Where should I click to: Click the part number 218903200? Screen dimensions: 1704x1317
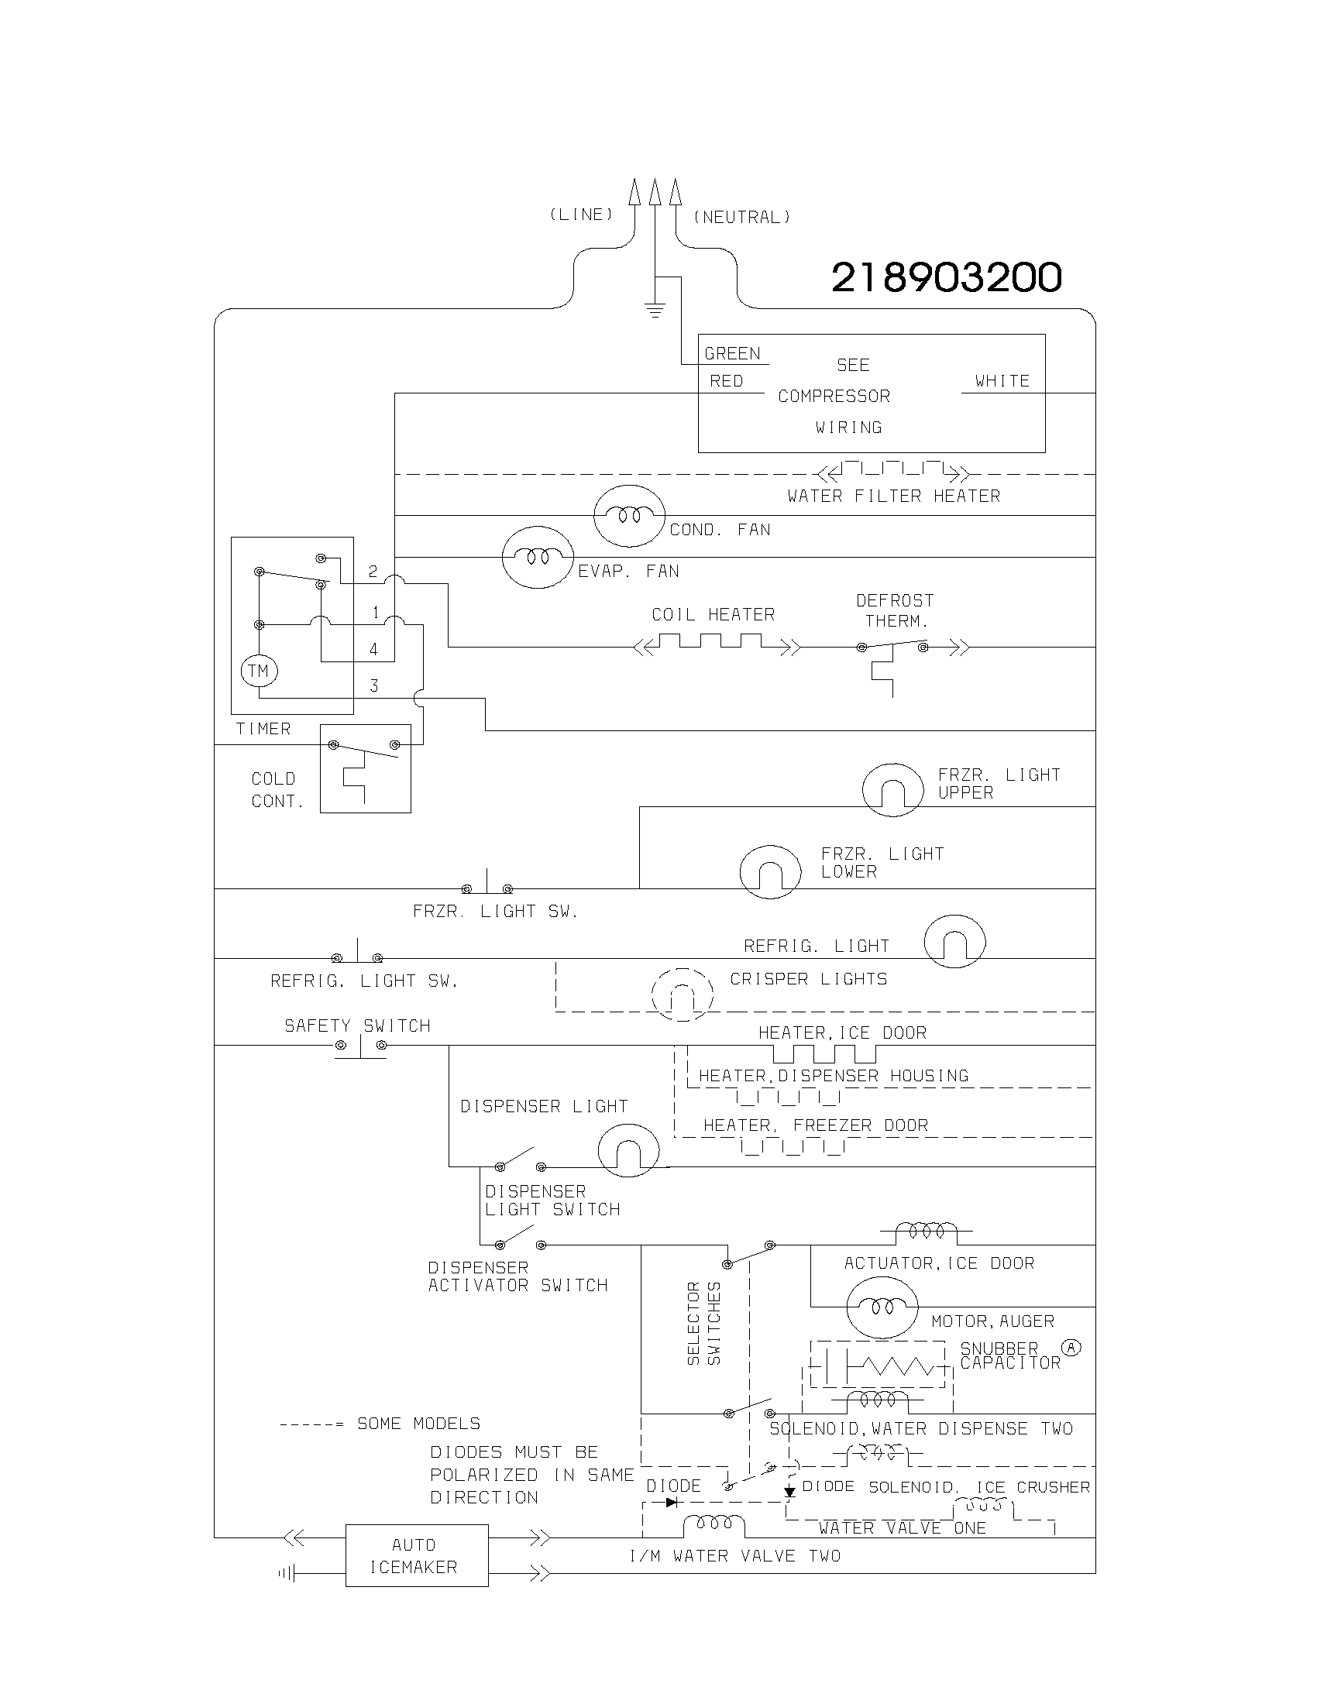pos(946,277)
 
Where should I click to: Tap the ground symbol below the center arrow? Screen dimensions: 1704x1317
pos(655,311)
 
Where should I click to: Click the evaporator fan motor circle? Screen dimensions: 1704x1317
pos(538,557)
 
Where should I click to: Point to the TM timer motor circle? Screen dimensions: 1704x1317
pos(259,671)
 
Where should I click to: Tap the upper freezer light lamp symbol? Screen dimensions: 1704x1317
pos(892,789)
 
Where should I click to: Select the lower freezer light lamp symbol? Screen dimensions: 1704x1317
pos(770,871)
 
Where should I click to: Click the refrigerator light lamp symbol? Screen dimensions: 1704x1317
pos(954,941)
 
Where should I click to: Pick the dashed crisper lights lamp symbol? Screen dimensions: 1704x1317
pos(683,995)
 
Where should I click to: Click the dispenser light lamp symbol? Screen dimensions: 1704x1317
pos(628,1150)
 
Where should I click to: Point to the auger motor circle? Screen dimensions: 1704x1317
pos(882,1307)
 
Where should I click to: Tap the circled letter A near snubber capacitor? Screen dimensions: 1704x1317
pos(1071,1348)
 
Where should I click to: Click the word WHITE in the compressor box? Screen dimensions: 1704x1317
pos(1002,381)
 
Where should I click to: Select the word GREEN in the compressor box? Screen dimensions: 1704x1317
pos(732,353)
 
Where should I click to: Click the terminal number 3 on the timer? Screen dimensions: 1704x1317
pos(373,685)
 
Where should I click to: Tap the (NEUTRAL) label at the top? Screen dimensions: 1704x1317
pos(741,217)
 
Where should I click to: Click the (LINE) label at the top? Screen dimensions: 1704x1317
pos(581,214)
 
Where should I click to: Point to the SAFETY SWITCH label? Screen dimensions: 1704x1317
pos(357,1025)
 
